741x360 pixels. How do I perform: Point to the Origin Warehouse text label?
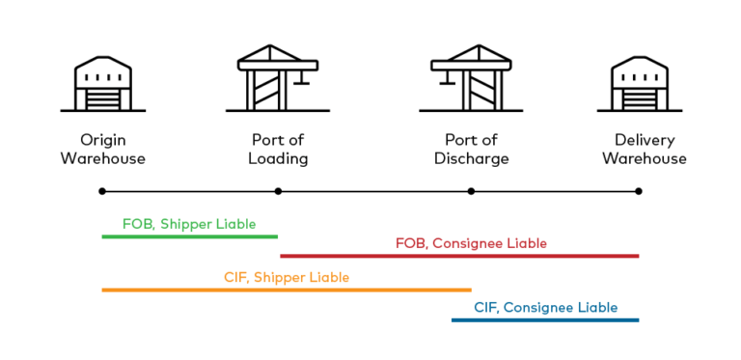pyautogui.click(x=102, y=149)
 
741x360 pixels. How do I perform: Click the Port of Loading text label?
pyautogui.click(x=278, y=149)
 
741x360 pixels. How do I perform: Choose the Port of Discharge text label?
pyautogui.click(x=471, y=149)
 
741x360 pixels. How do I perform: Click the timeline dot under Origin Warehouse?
pyautogui.click(x=102, y=191)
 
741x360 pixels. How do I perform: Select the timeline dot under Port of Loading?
pyautogui.click(x=278, y=191)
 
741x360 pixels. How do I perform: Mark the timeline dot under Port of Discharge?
pyautogui.click(x=471, y=191)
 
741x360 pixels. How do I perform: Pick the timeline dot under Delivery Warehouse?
pyautogui.click(x=639, y=191)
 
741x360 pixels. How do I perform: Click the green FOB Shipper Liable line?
pyautogui.click(x=189, y=236)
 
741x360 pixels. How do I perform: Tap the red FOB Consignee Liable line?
pyautogui.click(x=459, y=256)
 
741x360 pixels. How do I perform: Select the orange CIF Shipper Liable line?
pyautogui.click(x=287, y=290)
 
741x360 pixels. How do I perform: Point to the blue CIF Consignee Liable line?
pyautogui.click(x=545, y=319)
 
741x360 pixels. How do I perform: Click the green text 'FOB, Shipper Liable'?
pyautogui.click(x=189, y=224)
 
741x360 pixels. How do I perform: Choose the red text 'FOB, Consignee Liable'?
pyautogui.click(x=471, y=243)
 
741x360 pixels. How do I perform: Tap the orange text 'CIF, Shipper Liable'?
pyautogui.click(x=287, y=277)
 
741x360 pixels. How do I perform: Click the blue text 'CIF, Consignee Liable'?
pyautogui.click(x=545, y=308)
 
